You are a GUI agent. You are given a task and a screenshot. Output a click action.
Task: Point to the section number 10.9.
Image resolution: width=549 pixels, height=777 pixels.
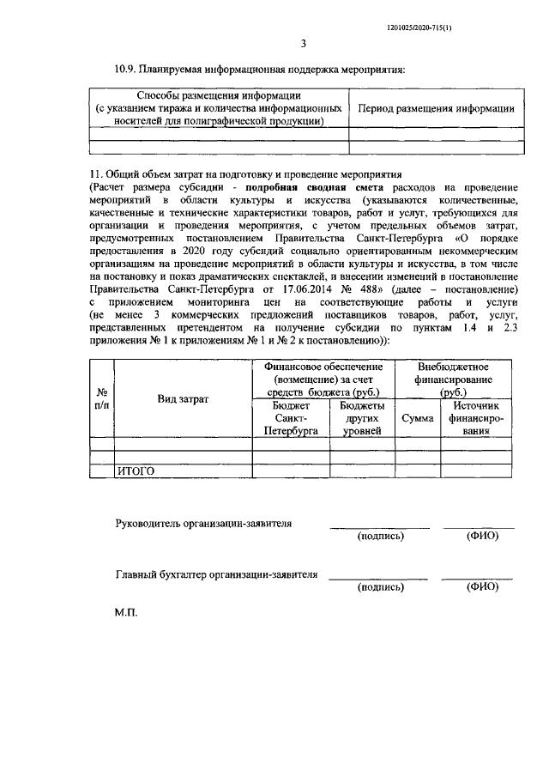(x=127, y=68)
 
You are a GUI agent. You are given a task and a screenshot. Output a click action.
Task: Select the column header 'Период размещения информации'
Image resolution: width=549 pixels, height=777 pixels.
(x=436, y=109)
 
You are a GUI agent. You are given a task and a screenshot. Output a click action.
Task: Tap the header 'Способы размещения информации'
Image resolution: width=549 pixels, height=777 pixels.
(x=218, y=95)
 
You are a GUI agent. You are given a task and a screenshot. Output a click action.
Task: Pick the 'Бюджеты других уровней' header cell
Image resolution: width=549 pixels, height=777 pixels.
(x=362, y=418)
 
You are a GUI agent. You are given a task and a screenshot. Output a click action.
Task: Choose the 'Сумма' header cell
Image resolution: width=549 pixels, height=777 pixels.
(x=417, y=418)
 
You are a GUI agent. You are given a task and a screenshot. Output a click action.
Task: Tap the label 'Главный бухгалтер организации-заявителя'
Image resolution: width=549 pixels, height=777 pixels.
(x=216, y=574)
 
